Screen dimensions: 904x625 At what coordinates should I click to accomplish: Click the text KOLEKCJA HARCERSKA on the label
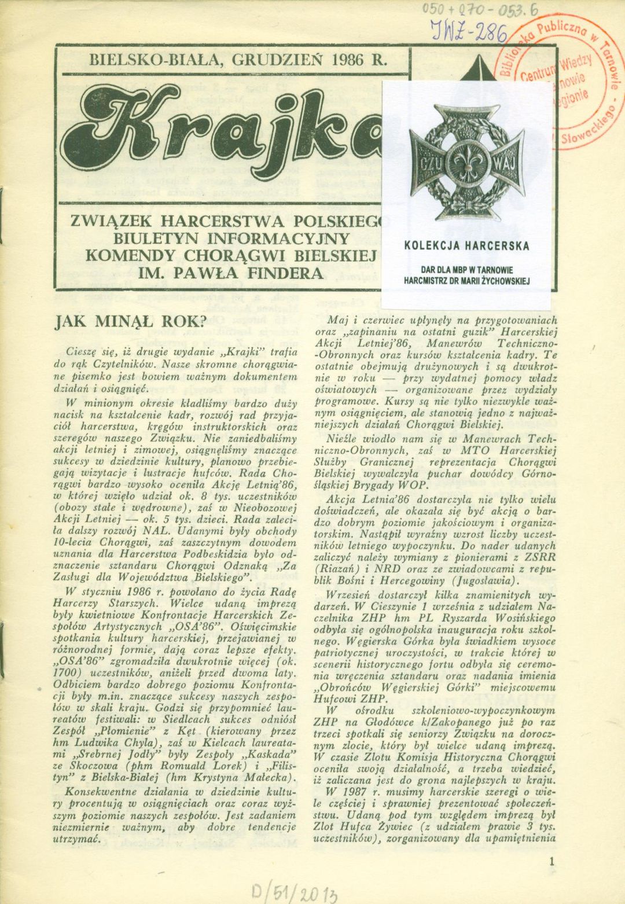(466, 245)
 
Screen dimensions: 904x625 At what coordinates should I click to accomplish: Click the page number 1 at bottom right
(553, 860)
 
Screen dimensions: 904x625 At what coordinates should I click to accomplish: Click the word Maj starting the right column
(337, 320)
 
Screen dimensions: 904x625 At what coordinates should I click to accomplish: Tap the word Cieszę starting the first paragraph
(83, 351)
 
